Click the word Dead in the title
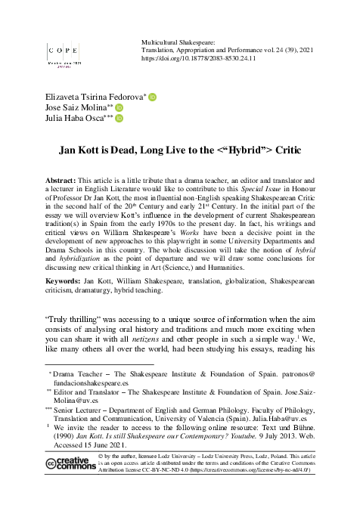point(126,150)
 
